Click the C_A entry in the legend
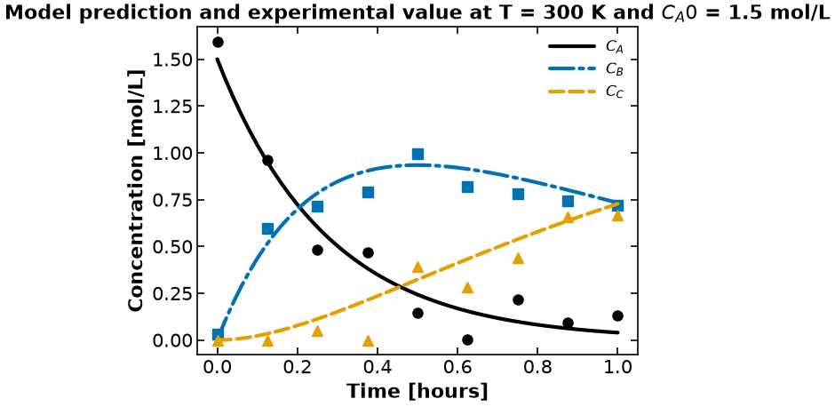point(585,47)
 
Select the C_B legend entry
point(585,69)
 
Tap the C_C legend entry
point(585,92)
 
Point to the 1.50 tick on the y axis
point(171,60)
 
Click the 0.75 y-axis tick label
point(171,200)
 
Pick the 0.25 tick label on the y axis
point(171,293)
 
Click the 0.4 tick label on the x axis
point(377,368)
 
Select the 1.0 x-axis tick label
point(617,368)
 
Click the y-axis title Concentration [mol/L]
point(137,191)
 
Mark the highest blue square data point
point(417,154)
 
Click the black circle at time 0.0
point(218,42)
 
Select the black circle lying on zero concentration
point(467,339)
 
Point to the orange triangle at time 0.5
point(417,267)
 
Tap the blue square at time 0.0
point(218,334)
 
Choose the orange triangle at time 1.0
point(617,216)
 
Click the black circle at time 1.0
point(617,315)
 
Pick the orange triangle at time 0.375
point(368,341)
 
